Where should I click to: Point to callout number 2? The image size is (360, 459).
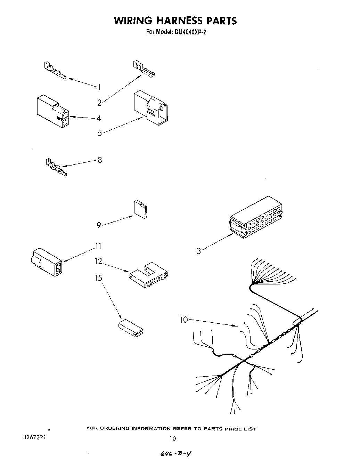point(99,103)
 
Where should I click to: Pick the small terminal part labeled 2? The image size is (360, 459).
point(144,69)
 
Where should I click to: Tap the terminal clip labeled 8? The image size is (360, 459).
point(56,167)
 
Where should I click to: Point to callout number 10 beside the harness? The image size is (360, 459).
point(184,320)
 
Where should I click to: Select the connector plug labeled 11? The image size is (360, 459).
point(47,262)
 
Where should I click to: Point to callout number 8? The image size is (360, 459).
point(100,160)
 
